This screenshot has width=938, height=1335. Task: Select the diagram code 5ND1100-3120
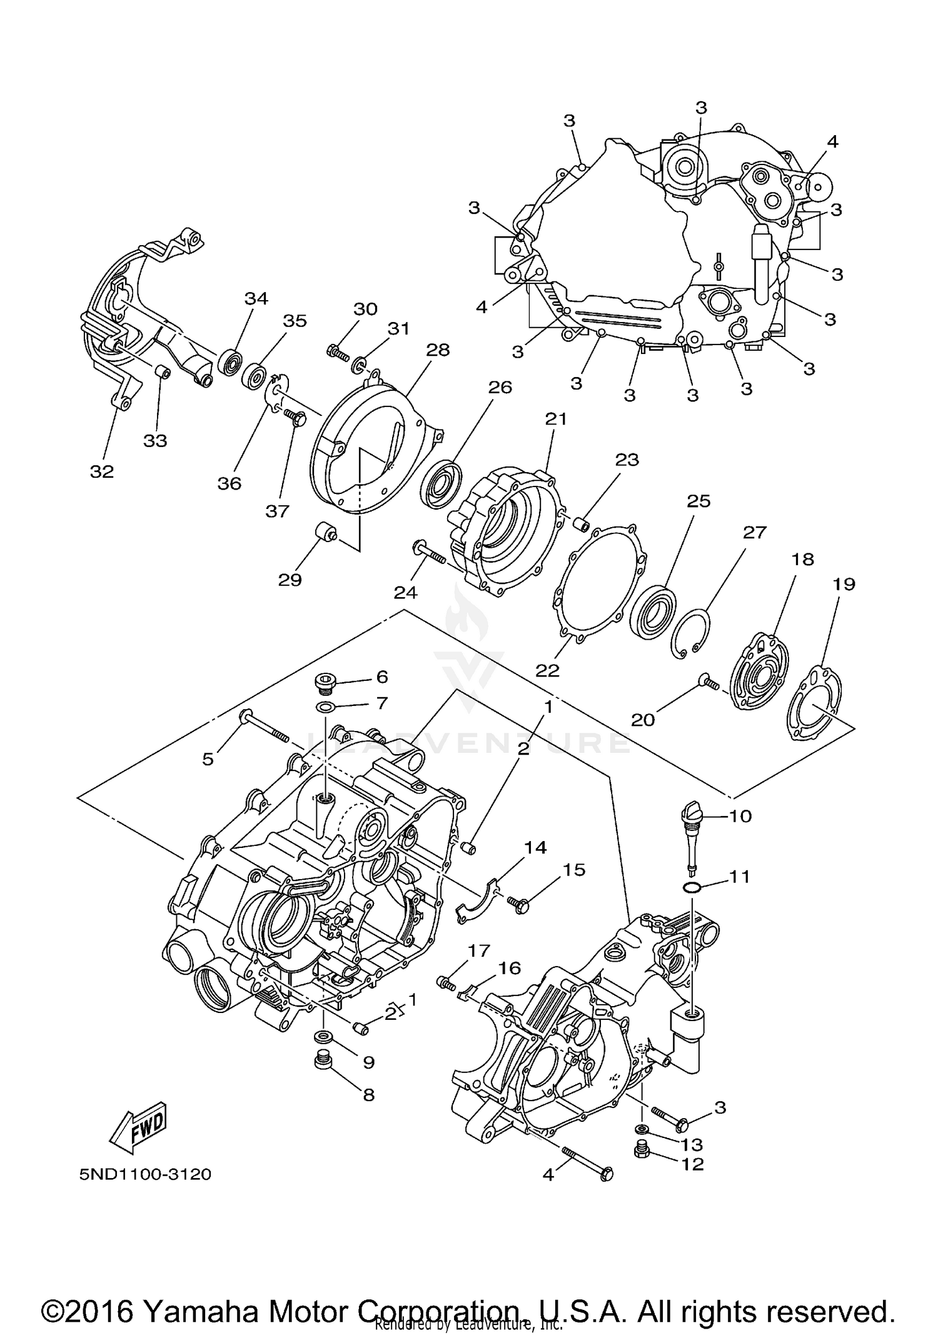click(x=145, y=1174)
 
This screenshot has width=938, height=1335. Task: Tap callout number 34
click(x=256, y=298)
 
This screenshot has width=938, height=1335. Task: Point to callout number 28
click(x=438, y=350)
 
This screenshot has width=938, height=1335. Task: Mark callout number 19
click(x=844, y=584)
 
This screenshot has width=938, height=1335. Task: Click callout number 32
click(x=102, y=471)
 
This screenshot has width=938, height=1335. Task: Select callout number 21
click(x=555, y=418)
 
